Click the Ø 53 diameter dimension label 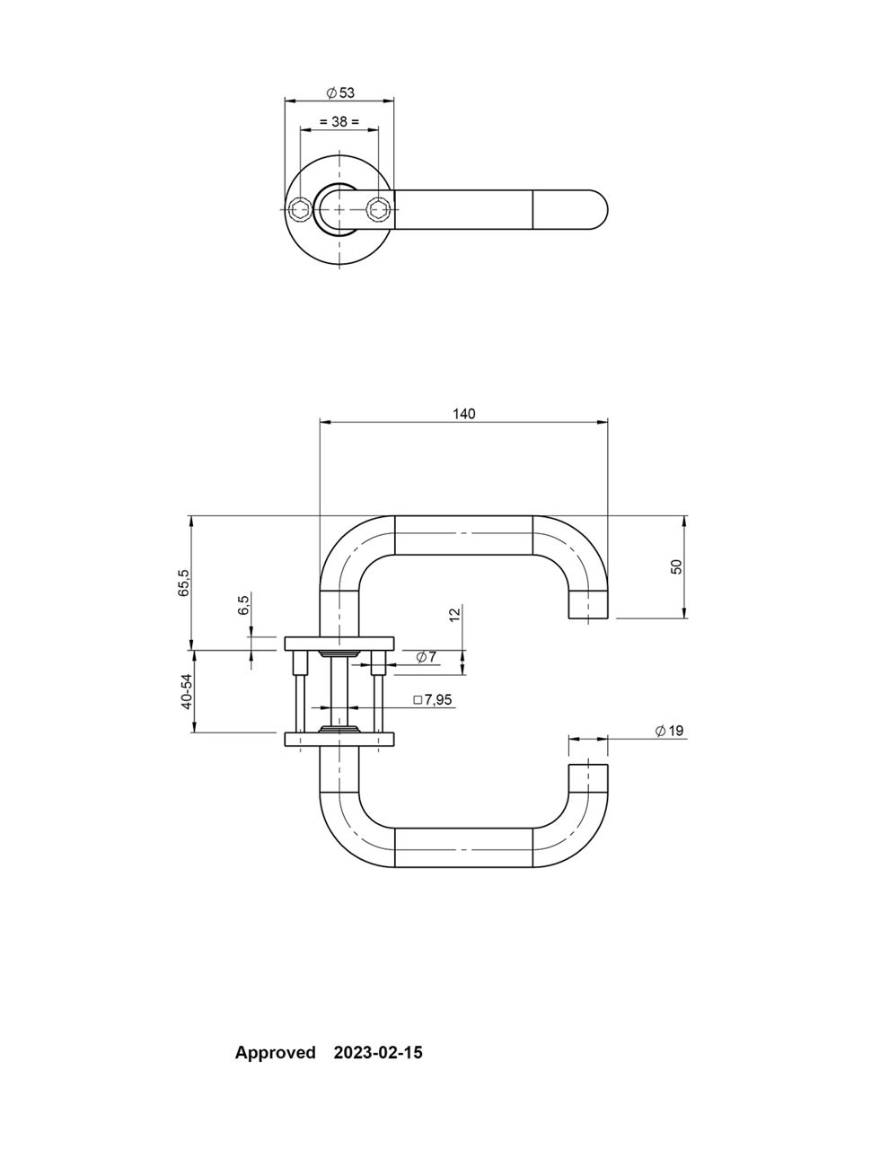point(339,93)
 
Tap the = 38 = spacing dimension point(339,121)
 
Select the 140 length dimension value point(463,414)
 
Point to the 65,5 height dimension point(183,582)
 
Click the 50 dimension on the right point(676,566)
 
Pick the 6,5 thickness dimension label point(242,605)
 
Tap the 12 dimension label point(454,615)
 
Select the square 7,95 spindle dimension point(432,700)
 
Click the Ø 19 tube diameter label point(669,731)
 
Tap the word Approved point(275,1053)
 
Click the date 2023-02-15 point(378,1052)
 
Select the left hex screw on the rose point(299,208)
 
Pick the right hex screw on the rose point(379,208)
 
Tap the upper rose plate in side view point(339,644)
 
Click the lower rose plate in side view point(339,739)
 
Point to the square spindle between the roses point(339,691)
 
